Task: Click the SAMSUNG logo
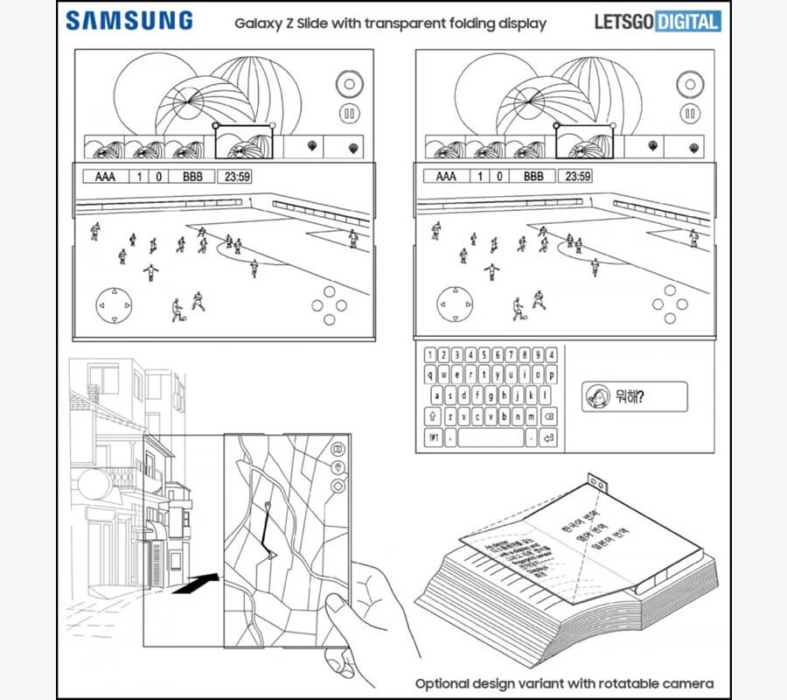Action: point(129,20)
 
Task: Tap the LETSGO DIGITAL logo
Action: point(658,22)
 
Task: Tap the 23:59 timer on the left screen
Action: point(237,177)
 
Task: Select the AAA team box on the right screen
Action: point(445,177)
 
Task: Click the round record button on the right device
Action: point(690,85)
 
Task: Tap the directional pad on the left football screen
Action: point(114,305)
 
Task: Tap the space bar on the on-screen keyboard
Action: point(490,437)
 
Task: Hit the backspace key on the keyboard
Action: point(548,416)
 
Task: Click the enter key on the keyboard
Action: point(548,437)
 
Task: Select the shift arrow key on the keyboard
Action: point(433,416)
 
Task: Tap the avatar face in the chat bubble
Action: point(597,397)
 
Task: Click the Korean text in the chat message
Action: point(629,397)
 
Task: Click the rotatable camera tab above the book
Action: point(598,481)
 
